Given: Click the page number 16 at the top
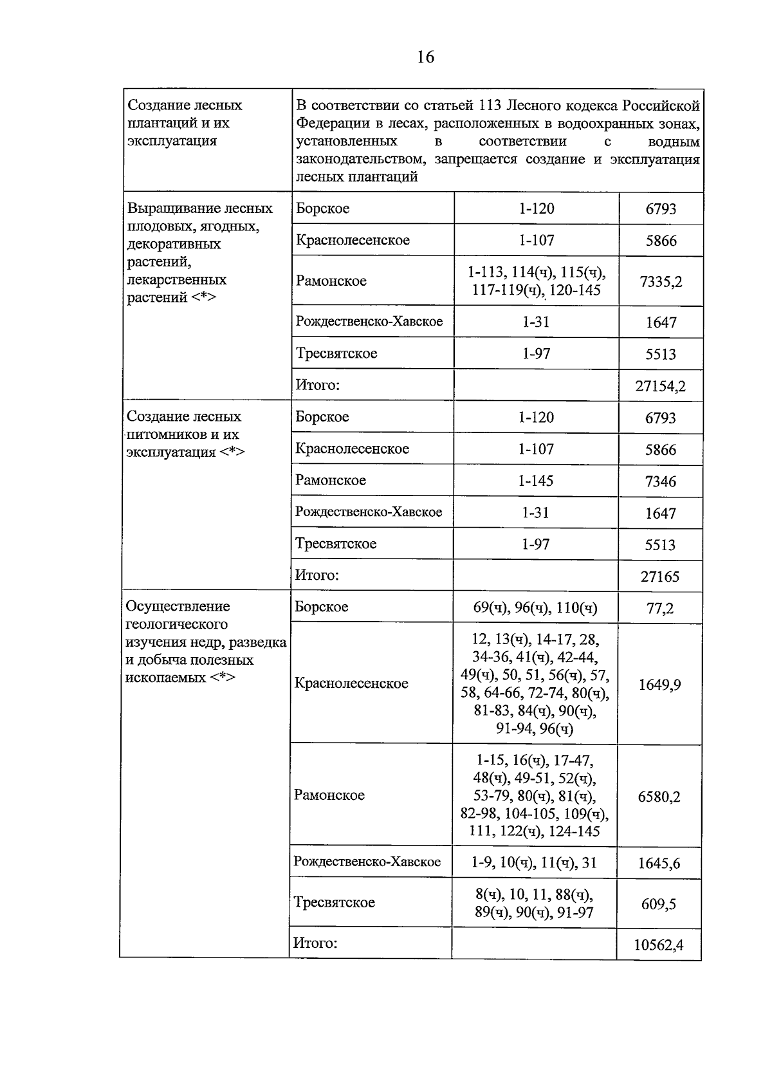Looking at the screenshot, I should [x=425, y=57].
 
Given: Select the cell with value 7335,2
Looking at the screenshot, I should [x=661, y=281].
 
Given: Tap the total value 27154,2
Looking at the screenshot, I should [x=660, y=386].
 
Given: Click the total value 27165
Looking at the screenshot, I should [x=659, y=577].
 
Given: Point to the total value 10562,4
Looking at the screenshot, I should [x=658, y=945].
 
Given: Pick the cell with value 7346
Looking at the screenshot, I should [x=660, y=481].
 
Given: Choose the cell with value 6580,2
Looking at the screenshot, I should [x=659, y=797].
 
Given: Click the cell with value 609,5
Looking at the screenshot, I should [x=658, y=904].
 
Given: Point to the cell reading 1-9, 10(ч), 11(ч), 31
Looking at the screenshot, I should [x=534, y=862].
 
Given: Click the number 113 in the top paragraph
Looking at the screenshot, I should [x=490, y=106].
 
